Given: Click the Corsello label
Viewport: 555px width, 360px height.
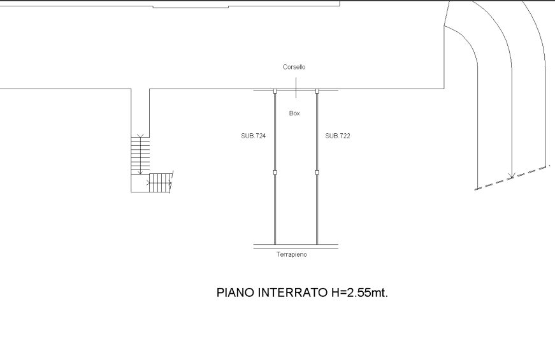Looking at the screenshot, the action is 294,67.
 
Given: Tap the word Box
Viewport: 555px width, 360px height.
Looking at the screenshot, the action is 294,113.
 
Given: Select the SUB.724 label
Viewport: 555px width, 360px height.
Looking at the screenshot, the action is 253,136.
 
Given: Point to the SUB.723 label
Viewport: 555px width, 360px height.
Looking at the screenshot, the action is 338,136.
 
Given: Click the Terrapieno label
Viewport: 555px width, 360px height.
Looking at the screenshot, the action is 292,255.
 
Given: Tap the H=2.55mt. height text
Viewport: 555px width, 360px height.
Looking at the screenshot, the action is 360,292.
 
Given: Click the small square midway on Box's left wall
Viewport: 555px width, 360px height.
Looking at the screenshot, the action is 275,172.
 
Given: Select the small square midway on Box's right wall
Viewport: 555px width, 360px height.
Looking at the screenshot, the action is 317,172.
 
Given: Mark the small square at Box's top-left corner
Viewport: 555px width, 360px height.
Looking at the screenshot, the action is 275,92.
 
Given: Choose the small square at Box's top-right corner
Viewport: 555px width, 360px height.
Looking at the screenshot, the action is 317,92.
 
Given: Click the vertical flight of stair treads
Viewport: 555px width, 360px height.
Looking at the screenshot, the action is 140,154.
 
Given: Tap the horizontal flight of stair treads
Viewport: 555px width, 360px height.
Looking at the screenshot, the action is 161,182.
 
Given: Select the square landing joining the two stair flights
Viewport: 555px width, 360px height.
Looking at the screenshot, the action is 140,183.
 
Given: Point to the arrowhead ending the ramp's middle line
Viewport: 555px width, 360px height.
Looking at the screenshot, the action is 510,175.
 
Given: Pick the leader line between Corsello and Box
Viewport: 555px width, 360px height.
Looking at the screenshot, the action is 296,85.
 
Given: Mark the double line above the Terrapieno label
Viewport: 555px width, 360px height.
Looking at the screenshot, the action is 296,245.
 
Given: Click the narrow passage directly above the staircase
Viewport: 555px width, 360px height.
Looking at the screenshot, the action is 140,112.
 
